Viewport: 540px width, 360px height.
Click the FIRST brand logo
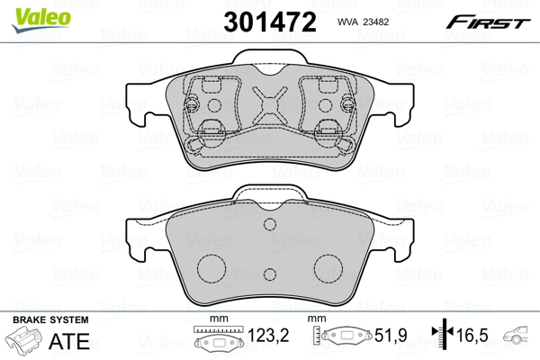tap(494, 21)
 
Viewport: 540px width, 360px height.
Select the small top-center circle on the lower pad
tap(270, 228)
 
